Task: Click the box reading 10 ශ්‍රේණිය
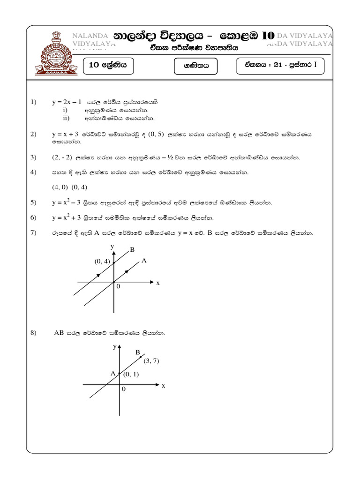click(108, 66)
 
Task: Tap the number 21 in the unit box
click(277, 66)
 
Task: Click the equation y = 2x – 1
click(67, 102)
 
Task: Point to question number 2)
click(33, 134)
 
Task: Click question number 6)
click(33, 217)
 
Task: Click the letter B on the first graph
click(132, 250)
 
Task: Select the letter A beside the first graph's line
click(144, 260)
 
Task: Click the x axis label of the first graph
click(158, 283)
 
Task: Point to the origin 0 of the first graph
click(118, 286)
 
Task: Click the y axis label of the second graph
click(114, 347)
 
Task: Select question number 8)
click(33, 333)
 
